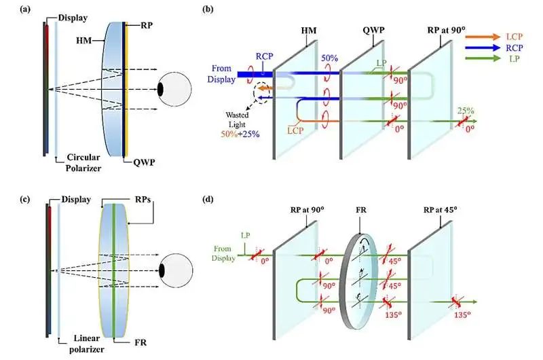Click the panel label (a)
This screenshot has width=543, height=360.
click(25, 10)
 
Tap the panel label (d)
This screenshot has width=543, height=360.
click(208, 199)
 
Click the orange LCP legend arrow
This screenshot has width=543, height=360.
click(483, 37)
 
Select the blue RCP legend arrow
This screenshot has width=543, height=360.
click(483, 48)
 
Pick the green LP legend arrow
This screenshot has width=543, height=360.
click(483, 58)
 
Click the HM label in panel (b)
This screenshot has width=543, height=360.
click(309, 31)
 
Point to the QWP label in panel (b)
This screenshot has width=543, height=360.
click(373, 30)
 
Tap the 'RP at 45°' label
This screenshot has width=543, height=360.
click(440, 210)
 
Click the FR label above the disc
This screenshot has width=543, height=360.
click(361, 210)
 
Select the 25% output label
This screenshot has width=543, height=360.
click(466, 111)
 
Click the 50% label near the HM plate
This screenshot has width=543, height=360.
click(329, 58)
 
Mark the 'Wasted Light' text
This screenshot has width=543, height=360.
click(237, 120)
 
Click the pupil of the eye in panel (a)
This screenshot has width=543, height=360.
click(160, 90)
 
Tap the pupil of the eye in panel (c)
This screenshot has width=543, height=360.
click(162, 270)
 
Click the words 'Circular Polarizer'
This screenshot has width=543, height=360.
click(83, 162)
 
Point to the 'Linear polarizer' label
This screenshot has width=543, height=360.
click(87, 344)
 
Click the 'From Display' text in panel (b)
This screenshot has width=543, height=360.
click(221, 74)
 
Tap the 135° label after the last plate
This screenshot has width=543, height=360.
click(462, 315)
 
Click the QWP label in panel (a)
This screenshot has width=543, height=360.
click(144, 162)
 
